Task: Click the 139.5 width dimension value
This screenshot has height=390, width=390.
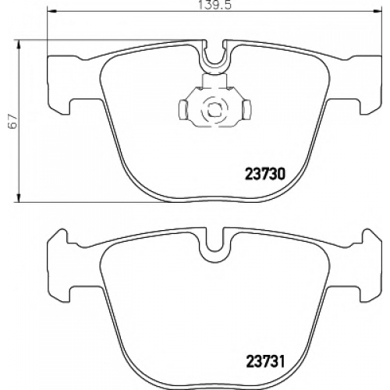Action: [214, 5]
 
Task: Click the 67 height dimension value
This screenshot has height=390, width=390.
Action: [12, 121]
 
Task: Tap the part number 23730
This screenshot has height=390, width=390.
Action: [265, 174]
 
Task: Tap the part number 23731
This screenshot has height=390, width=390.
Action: [265, 361]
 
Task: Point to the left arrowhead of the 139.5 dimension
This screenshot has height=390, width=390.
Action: [51, 11]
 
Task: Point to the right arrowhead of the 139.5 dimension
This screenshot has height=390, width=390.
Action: [378, 11]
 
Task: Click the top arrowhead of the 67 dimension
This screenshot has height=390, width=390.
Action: [19, 44]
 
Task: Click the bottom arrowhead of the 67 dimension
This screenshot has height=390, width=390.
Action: [19, 197]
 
